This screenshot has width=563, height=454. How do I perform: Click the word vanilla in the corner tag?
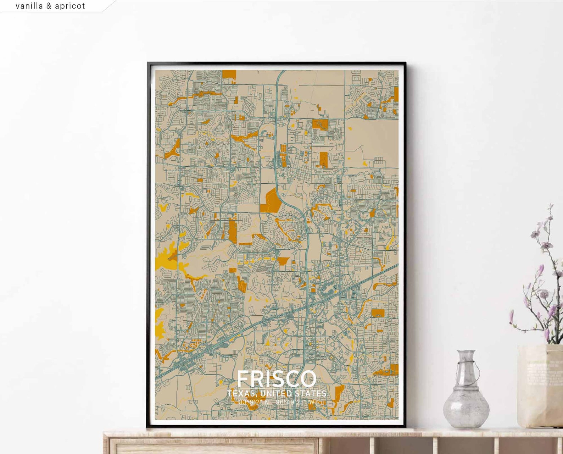[29, 6]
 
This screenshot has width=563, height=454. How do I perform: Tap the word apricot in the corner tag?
[70, 6]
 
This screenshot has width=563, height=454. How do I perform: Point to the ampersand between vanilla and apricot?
[49, 6]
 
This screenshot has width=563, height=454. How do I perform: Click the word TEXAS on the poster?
[241, 394]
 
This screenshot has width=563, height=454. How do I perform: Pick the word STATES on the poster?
[311, 394]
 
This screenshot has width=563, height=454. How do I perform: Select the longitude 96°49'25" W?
[295, 402]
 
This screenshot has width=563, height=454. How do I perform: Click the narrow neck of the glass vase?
[466, 372]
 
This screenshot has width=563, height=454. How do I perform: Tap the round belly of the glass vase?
[466, 408]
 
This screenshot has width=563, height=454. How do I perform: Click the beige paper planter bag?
[539, 387]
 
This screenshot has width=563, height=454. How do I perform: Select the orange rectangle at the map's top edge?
[229, 74]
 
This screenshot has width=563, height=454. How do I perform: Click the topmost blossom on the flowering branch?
[551, 207]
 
